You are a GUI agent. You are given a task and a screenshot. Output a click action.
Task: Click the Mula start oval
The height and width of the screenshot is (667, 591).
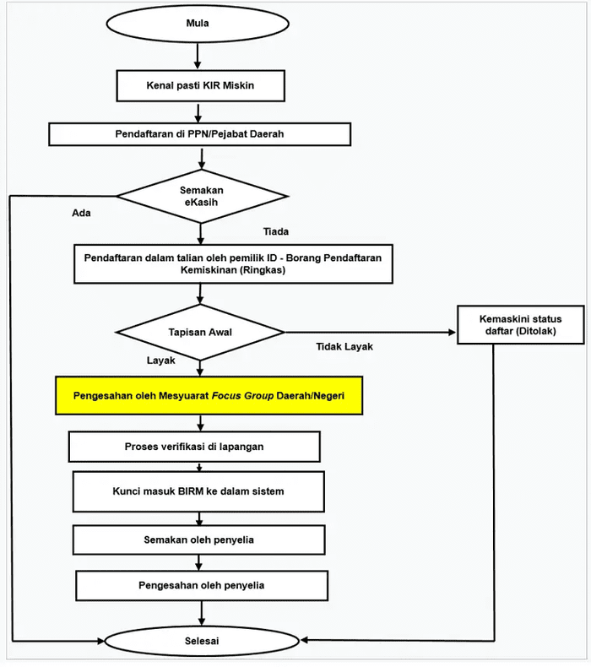(x=198, y=24)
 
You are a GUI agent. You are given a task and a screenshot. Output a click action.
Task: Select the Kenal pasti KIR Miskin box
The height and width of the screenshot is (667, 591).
(x=200, y=85)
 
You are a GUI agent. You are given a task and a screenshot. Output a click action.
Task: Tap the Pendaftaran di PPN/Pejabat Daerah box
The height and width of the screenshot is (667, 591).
(x=199, y=134)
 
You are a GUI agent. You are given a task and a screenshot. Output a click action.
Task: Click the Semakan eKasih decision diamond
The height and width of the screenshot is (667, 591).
(x=202, y=196)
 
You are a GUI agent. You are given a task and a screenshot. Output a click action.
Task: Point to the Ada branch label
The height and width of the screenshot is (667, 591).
(x=81, y=213)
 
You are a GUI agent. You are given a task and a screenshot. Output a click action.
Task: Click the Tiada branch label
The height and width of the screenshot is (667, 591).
(x=276, y=231)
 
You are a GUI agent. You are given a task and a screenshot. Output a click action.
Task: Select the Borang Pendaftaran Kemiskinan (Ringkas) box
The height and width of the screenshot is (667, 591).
(x=233, y=263)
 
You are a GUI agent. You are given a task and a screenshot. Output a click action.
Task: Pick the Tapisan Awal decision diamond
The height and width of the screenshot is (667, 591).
(x=200, y=332)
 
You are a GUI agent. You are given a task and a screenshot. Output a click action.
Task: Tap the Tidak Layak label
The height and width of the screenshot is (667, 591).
(x=344, y=347)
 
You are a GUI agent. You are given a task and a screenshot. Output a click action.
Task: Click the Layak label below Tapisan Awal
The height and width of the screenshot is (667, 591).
(x=160, y=361)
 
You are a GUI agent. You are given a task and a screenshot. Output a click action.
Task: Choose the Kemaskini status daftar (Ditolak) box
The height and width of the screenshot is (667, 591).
(x=521, y=324)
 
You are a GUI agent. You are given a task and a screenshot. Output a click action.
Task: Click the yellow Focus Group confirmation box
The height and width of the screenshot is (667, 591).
(x=209, y=396)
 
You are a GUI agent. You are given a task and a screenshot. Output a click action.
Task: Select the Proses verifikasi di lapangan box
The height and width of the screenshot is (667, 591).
(x=194, y=447)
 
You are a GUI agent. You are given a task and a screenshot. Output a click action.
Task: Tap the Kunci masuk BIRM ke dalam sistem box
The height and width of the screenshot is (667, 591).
(x=198, y=491)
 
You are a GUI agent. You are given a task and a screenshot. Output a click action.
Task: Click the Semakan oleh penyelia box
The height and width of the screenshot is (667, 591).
(x=198, y=540)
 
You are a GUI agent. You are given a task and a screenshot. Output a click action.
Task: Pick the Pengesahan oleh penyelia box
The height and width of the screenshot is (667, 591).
(x=202, y=585)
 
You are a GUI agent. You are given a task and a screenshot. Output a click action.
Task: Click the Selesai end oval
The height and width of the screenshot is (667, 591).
(x=202, y=641)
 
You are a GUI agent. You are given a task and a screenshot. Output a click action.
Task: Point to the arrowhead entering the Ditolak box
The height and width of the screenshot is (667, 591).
(x=453, y=332)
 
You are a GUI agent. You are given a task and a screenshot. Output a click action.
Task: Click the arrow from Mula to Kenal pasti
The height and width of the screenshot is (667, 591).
(x=198, y=56)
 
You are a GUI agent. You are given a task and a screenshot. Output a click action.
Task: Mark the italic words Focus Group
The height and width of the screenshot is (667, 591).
(x=242, y=396)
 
